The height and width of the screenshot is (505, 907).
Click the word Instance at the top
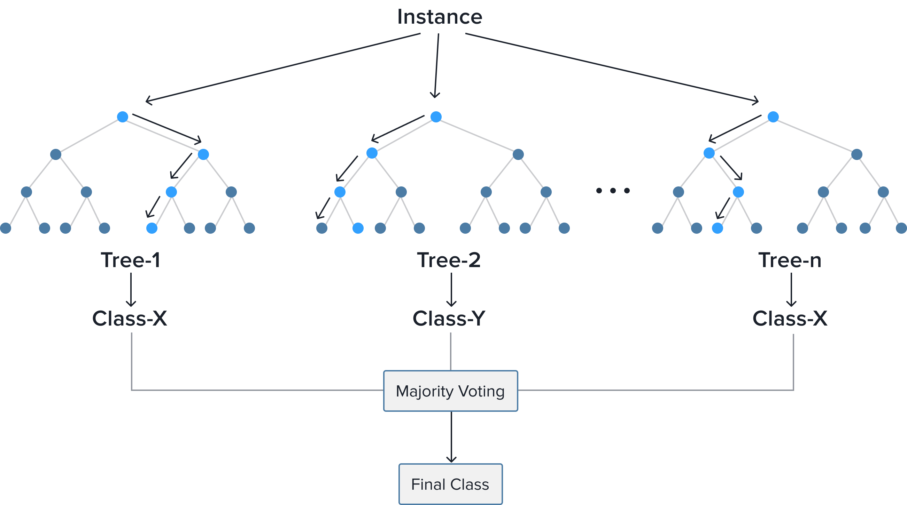(x=440, y=17)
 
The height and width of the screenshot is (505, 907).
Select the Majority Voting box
(x=450, y=391)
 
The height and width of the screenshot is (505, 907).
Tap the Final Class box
(x=450, y=484)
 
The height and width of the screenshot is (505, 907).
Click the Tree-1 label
(x=131, y=260)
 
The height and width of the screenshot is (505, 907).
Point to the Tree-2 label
(x=449, y=260)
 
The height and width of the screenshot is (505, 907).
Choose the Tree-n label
(x=789, y=260)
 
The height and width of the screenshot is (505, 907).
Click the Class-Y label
(x=449, y=319)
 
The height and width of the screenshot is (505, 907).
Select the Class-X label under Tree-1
(x=130, y=319)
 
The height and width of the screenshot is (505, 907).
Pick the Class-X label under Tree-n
(x=790, y=319)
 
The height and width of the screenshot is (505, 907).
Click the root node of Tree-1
(x=123, y=117)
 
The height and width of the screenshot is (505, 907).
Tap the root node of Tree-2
(x=436, y=117)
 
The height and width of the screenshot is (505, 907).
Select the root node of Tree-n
(x=773, y=117)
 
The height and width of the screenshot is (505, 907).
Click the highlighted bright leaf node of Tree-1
(x=152, y=228)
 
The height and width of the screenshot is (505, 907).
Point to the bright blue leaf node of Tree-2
(x=358, y=228)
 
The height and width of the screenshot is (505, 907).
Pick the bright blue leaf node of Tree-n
(x=718, y=228)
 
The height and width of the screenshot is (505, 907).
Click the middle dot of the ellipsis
(x=613, y=191)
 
